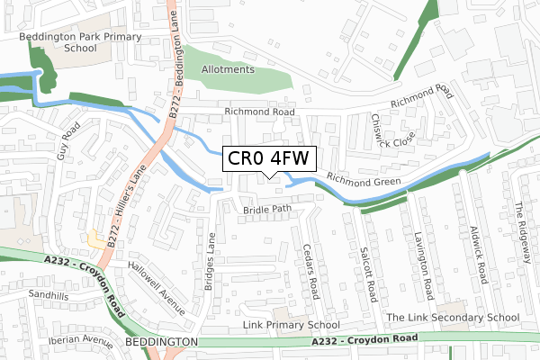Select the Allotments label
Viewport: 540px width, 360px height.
[x=229, y=69]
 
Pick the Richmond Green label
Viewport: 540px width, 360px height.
[x=363, y=183]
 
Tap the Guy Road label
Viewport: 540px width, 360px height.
[x=69, y=142]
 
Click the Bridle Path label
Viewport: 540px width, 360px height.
[x=268, y=210]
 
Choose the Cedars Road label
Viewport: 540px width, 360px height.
[x=311, y=271]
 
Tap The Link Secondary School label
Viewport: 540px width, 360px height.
[x=453, y=318]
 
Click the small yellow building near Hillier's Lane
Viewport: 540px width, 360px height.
[x=96, y=238]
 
